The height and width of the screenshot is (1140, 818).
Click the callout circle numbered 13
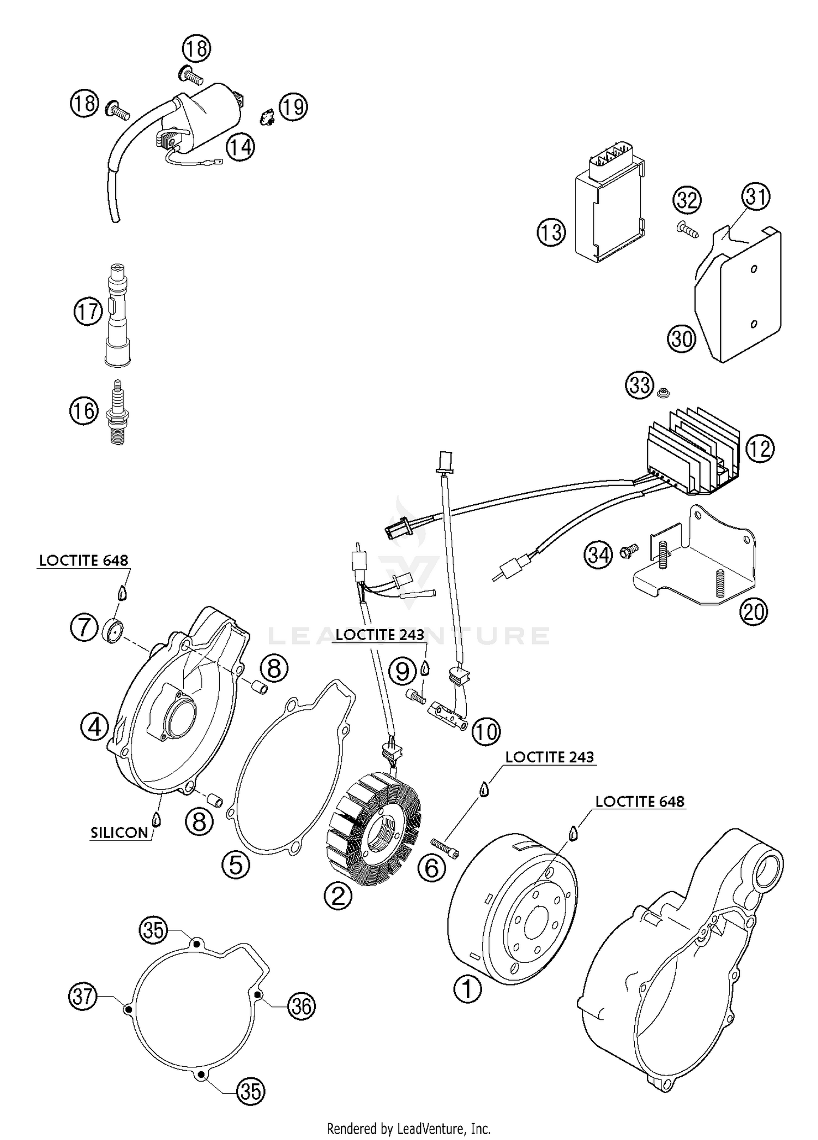coord(551,232)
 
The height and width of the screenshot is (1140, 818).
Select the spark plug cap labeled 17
coord(117,315)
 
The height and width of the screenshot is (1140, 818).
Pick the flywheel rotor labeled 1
coord(513,911)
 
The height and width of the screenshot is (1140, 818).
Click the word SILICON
coord(119,832)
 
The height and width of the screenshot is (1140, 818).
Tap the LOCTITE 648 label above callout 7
coord(83,560)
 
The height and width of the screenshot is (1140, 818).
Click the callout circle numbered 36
coord(301,1005)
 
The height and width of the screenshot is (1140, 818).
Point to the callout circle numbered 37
coord(82,996)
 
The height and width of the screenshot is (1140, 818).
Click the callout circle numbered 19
coord(293,107)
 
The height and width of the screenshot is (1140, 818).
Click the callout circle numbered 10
coord(485,732)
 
